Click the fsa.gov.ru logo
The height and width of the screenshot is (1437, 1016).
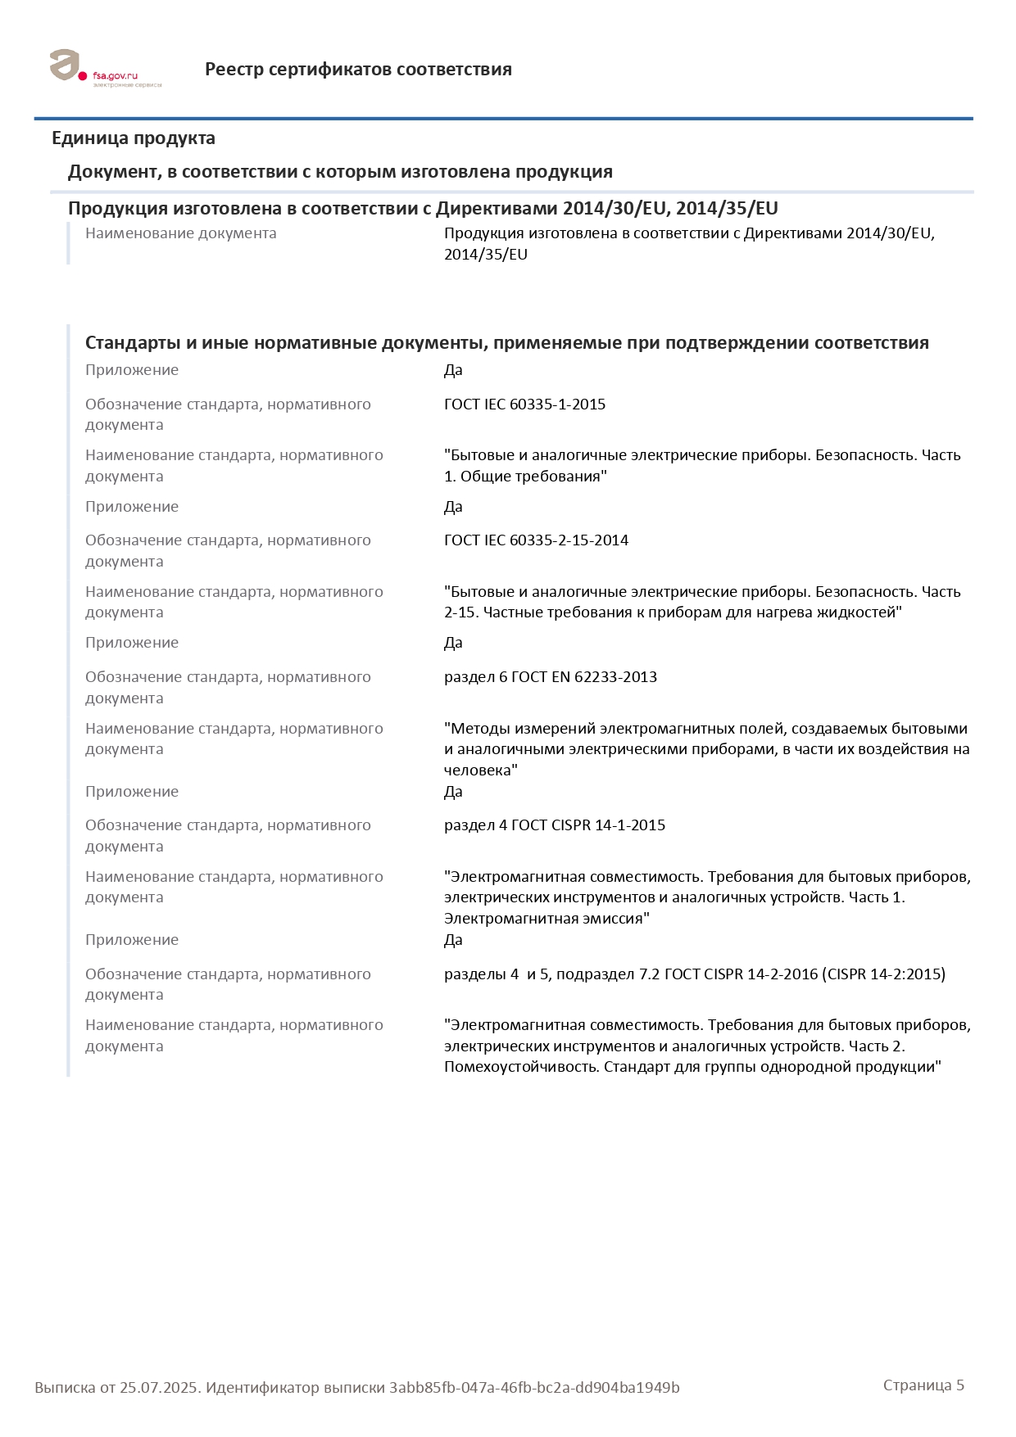tap(104, 69)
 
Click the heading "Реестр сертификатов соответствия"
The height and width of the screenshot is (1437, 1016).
tap(358, 70)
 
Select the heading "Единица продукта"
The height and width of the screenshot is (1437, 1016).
tap(134, 138)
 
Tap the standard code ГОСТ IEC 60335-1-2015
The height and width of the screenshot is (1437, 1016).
tap(524, 404)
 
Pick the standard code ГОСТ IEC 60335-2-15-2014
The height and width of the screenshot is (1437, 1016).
tap(536, 540)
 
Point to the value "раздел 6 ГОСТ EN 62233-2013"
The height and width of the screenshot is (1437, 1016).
tap(550, 677)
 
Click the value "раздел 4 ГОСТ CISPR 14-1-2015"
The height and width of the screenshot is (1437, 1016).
tap(554, 825)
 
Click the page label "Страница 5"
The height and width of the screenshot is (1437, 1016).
tap(923, 1385)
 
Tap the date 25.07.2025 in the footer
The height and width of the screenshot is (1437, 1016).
tap(159, 1388)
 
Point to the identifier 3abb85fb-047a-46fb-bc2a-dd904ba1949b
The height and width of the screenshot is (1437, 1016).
tap(534, 1388)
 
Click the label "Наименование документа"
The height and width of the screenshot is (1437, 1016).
tap(180, 233)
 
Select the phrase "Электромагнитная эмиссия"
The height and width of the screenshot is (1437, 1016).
tap(547, 919)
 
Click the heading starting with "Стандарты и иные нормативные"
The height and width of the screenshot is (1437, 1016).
tap(506, 343)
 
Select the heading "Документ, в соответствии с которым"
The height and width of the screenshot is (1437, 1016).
tap(340, 172)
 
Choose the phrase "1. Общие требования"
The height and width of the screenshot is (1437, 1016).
tap(525, 477)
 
